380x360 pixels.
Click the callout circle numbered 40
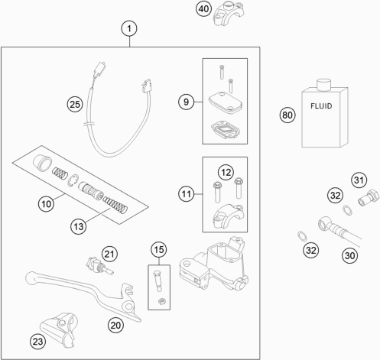pyautogui.click(x=203, y=9)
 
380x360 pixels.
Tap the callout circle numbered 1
pyautogui.click(x=129, y=28)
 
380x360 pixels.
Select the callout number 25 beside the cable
pyautogui.click(x=75, y=105)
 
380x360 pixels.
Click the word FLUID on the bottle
pyautogui.click(x=321, y=106)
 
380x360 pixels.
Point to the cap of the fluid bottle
pyautogui.click(x=323, y=84)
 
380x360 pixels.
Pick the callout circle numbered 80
pyautogui.click(x=287, y=115)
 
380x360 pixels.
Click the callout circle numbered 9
pyautogui.click(x=186, y=102)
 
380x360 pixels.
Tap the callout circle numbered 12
pyautogui.click(x=226, y=173)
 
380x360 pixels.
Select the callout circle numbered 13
pyautogui.click(x=79, y=226)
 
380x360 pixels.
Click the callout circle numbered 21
pyautogui.click(x=109, y=254)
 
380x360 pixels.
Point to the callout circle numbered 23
pyautogui.click(x=38, y=342)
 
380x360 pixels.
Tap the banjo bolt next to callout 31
pyautogui.click(x=369, y=197)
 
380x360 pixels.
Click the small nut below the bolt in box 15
pyautogui.click(x=161, y=301)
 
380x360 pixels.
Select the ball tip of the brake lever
pyautogui.click(x=32, y=277)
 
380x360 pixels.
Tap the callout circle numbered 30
pyautogui.click(x=349, y=255)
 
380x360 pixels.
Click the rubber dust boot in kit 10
pyautogui.click(x=43, y=162)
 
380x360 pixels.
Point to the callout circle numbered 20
pyautogui.click(x=115, y=326)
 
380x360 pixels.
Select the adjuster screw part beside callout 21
pyautogui.click(x=99, y=266)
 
